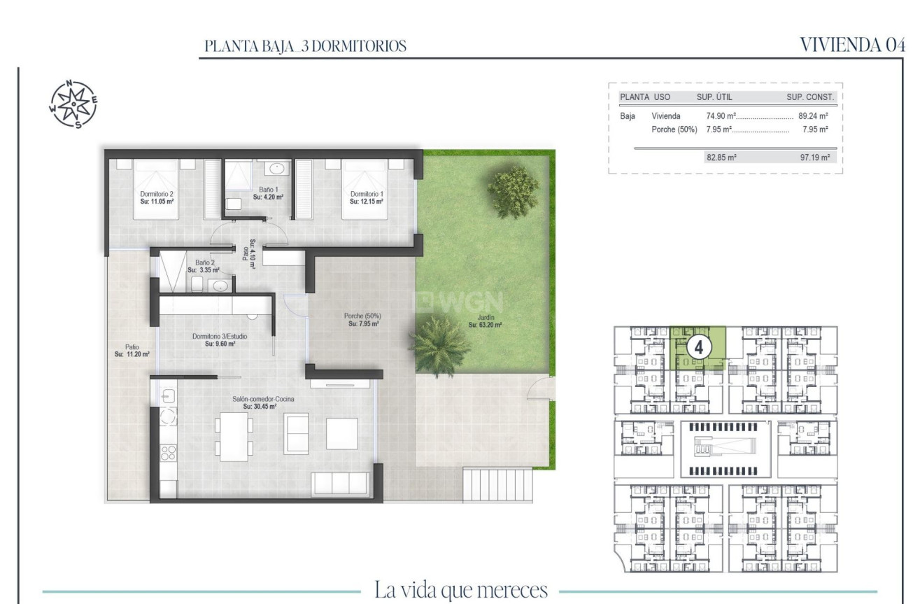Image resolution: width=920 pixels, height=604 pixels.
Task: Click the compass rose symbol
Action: point(73,106)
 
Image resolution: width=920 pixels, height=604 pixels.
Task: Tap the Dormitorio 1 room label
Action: point(367,197)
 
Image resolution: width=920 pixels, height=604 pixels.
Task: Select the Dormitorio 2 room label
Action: point(157,197)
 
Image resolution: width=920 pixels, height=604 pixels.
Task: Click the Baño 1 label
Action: point(267,193)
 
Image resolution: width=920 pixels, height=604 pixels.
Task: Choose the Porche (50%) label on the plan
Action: point(364,320)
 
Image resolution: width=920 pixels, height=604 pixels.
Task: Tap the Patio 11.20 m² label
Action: point(128,351)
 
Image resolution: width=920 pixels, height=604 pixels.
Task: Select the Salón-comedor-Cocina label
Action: point(263,402)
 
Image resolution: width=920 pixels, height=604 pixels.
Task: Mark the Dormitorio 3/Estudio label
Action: point(220,340)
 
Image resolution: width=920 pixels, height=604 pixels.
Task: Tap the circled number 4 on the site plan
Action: point(699,346)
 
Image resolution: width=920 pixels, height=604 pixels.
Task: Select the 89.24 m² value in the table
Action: point(814,116)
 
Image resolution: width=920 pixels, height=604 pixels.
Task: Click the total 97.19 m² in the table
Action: point(814,157)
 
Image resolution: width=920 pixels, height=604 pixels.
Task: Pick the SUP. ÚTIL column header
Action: point(714,97)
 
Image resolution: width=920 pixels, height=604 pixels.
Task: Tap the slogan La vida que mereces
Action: point(461,589)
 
